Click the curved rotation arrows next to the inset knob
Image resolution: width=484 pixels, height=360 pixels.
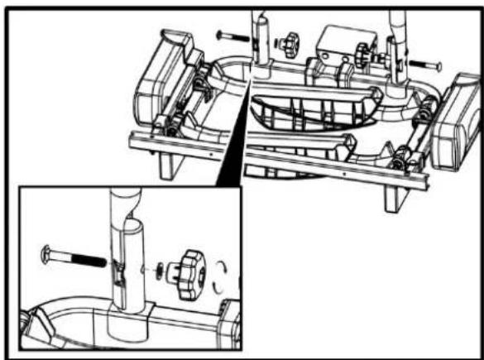pyautogui.click(x=222, y=277)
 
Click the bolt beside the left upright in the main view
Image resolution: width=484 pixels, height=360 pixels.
pyautogui.click(x=232, y=36)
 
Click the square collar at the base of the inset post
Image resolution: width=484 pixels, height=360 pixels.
pyautogui.click(x=131, y=316)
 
